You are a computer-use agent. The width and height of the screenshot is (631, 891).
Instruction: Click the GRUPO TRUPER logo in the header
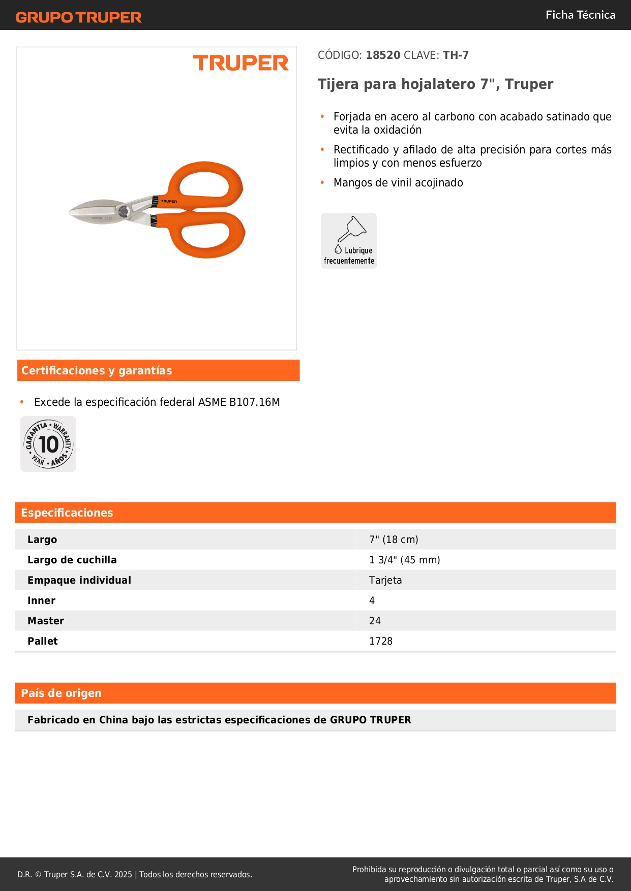click(x=78, y=17)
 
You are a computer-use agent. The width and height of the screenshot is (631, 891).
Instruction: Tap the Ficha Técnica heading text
click(x=580, y=15)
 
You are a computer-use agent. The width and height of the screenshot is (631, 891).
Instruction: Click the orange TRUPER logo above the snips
click(x=241, y=63)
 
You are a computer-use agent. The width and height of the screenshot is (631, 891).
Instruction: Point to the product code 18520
click(x=383, y=55)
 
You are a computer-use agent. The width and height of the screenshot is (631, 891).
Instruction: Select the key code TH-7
click(x=456, y=55)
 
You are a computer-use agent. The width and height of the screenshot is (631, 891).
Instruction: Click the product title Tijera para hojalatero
click(x=435, y=84)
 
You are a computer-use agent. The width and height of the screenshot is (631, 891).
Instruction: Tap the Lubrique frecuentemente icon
click(x=349, y=241)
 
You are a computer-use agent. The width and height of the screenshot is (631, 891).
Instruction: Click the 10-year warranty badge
click(x=48, y=444)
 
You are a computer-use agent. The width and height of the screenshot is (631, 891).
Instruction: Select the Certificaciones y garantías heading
click(x=97, y=371)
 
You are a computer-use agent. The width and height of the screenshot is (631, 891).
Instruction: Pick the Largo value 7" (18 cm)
click(x=394, y=539)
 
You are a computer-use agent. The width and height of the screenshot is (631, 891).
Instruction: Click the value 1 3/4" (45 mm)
click(x=404, y=560)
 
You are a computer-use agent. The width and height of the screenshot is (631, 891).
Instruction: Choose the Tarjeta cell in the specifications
click(x=385, y=580)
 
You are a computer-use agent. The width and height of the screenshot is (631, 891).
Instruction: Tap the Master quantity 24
click(x=375, y=621)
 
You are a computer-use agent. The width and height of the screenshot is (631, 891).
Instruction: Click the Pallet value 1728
click(x=381, y=641)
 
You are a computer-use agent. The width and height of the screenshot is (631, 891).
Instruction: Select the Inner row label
click(x=42, y=600)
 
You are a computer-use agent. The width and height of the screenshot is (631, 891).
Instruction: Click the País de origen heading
click(x=61, y=693)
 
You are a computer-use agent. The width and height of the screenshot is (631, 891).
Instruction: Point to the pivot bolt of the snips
click(x=123, y=211)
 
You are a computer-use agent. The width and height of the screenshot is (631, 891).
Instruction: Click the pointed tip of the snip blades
click(x=71, y=211)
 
